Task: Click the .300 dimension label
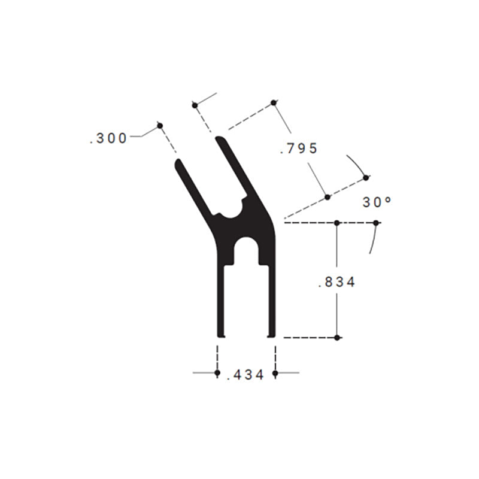(108, 138)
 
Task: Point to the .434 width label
(246, 375)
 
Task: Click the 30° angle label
(377, 202)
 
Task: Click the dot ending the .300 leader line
(160, 125)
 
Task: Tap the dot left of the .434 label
(217, 374)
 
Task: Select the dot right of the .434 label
(275, 374)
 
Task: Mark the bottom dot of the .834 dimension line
(337, 338)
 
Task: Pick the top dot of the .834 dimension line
(337, 223)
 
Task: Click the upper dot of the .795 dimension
(274, 103)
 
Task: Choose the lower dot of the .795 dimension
(328, 196)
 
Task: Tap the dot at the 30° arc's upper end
(366, 177)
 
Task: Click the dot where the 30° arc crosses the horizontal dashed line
(376, 223)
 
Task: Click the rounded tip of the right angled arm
(220, 140)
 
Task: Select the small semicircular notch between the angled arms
(230, 211)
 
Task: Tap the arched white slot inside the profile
(246, 251)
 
